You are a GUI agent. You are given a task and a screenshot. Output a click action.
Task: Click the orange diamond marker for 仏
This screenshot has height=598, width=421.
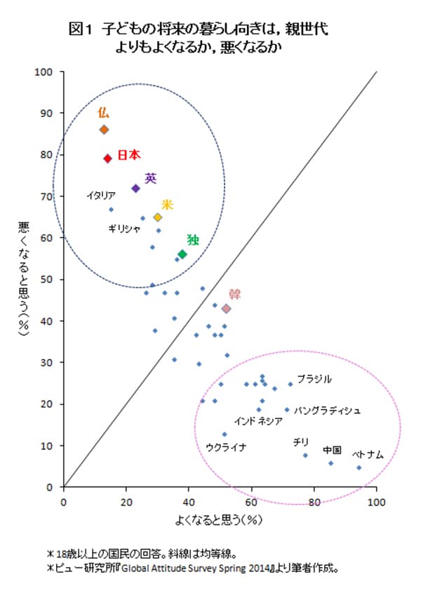pyautogui.click(x=104, y=130)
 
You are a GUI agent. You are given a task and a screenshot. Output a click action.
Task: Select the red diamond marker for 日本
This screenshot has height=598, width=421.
pyautogui.click(x=107, y=158)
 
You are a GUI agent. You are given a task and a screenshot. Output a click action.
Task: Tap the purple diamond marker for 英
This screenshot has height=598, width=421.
pyautogui.click(x=135, y=188)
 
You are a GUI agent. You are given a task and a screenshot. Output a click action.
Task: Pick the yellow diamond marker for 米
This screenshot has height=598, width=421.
pyautogui.click(x=158, y=217)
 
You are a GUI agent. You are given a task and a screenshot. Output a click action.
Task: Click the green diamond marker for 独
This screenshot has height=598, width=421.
pyautogui.click(x=182, y=254)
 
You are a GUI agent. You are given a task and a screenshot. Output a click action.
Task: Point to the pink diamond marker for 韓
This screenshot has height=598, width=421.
pyautogui.click(x=226, y=308)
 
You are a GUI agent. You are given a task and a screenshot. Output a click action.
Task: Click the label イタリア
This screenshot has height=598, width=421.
pyautogui.click(x=100, y=196)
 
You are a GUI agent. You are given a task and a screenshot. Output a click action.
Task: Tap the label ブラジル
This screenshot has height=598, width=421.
pyautogui.click(x=314, y=379)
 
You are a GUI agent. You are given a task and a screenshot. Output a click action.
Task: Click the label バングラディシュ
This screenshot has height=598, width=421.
pyautogui.click(x=327, y=409)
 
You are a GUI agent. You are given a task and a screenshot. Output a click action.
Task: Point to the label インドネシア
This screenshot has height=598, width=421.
pyautogui.click(x=258, y=421)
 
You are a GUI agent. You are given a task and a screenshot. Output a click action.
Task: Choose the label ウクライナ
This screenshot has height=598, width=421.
pyautogui.click(x=226, y=447)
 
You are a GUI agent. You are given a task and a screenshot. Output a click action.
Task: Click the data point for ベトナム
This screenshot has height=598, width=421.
pyautogui.click(x=359, y=468)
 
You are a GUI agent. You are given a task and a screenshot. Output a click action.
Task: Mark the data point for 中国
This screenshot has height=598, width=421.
pyautogui.click(x=330, y=463)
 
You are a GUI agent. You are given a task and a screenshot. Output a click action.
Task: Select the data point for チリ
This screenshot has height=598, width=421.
pyautogui.click(x=305, y=456)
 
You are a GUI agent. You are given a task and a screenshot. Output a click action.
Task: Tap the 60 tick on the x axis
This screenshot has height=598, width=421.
pyautogui.click(x=252, y=502)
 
